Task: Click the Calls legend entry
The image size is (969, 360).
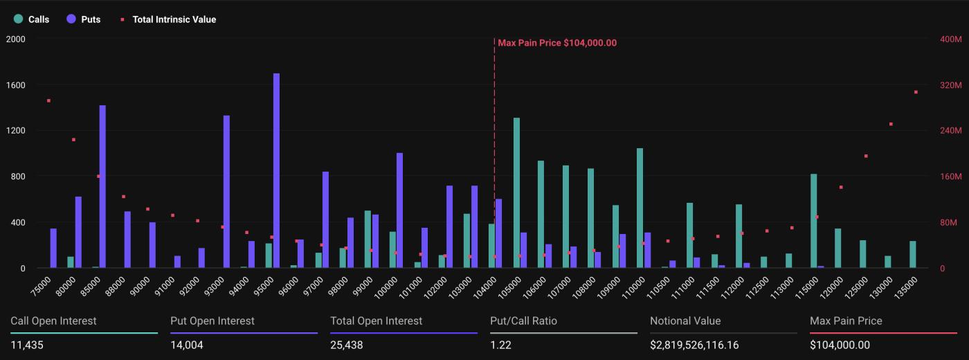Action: [x=32, y=19]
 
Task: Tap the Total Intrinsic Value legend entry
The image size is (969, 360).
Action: [x=168, y=19]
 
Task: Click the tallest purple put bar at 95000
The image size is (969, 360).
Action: [x=276, y=170]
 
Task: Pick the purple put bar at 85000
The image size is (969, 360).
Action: [x=102, y=186]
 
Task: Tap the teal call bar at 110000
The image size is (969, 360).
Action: [x=640, y=208]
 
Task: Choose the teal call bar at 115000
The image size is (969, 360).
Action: [x=813, y=221]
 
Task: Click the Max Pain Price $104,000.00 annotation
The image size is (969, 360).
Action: [x=557, y=43]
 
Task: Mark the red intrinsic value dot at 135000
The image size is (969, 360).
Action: [x=916, y=92]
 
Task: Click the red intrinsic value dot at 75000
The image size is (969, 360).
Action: [x=48, y=101]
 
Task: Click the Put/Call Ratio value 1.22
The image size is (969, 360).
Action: [x=500, y=345]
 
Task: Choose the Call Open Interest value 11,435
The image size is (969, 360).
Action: [x=27, y=345]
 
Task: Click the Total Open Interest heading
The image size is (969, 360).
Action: [x=377, y=321]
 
